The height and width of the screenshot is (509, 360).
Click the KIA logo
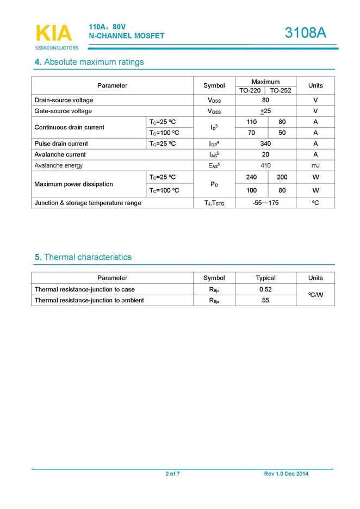point(53,34)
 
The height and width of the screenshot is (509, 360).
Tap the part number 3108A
point(306,33)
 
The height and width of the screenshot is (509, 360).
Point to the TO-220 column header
point(250,90)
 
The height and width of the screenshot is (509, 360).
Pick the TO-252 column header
point(281,90)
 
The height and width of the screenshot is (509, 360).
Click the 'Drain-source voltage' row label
point(64,100)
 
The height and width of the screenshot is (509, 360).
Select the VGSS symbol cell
point(214,111)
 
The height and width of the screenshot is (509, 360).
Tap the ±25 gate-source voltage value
point(265,111)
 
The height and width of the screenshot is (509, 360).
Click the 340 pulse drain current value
point(265,144)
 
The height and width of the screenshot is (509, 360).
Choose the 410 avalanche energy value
point(265,165)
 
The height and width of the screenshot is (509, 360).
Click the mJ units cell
point(315,165)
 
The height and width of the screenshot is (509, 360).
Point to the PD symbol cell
point(214,184)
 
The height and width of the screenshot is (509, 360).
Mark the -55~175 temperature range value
point(265,203)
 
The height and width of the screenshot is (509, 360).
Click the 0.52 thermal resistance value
point(265,289)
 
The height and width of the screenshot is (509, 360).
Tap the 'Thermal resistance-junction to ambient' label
point(89,300)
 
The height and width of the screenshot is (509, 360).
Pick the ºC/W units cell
point(315,295)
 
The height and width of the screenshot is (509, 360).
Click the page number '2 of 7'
point(173,474)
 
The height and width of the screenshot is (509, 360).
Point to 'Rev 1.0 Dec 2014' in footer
point(286,474)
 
